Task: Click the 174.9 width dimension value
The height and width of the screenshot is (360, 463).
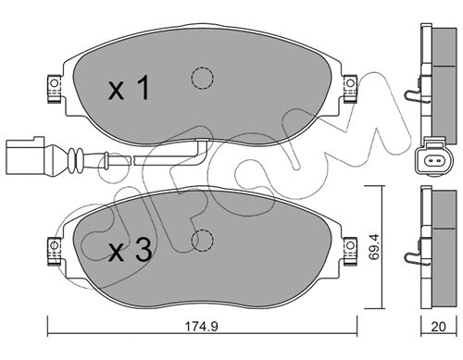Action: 201,326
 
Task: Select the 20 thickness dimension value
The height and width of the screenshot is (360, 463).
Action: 439,327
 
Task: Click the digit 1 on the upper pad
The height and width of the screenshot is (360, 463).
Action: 143,88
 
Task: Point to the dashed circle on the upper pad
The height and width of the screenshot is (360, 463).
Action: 202,78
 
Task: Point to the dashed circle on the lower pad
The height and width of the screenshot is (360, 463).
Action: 202,241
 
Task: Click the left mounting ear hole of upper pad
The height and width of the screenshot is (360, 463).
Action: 54,83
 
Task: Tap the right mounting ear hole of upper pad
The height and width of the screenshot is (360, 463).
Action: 350,83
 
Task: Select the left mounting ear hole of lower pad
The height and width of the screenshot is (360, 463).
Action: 54,245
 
